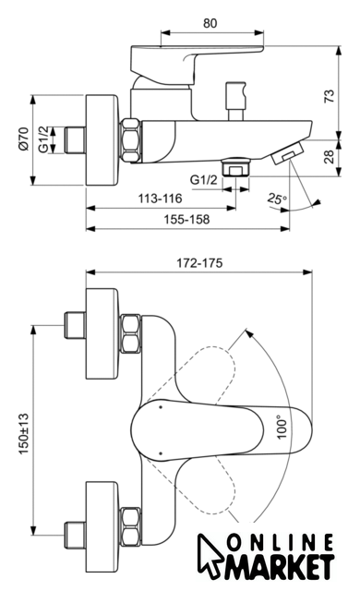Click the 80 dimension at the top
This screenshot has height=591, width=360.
pyautogui.click(x=210, y=23)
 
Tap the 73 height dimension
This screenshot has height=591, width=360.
pyautogui.click(x=329, y=96)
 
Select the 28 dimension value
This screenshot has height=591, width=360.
pyautogui.click(x=329, y=156)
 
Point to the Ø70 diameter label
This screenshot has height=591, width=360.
pyautogui.click(x=23, y=139)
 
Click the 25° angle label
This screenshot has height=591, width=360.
pyautogui.click(x=277, y=199)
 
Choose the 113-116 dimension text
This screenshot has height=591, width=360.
pyautogui.click(x=160, y=199)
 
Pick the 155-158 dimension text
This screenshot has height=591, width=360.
pyautogui.click(x=186, y=219)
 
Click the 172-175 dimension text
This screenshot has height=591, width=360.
pyautogui.click(x=199, y=262)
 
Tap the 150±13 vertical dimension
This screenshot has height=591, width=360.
pyautogui.click(x=23, y=434)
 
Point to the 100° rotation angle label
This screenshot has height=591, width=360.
pyautogui.click(x=282, y=427)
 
